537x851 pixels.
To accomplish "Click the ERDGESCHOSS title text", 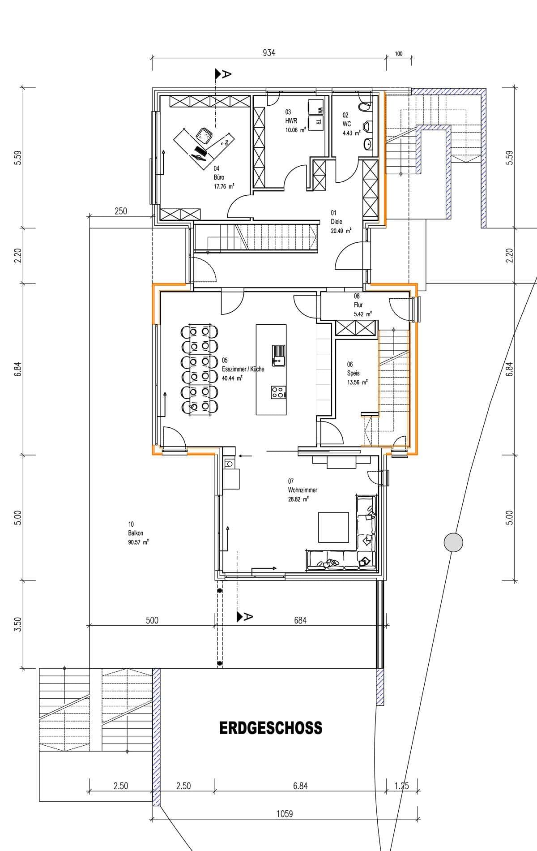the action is click(270, 728).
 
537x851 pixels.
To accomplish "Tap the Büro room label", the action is click(219, 177).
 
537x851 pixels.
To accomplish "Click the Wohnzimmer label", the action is click(303, 490).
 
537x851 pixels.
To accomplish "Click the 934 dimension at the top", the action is click(268, 53).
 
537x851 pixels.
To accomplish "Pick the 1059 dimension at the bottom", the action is click(284, 813).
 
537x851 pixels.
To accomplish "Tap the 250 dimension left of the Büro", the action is click(121, 211).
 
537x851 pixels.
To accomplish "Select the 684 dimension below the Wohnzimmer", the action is click(300, 620).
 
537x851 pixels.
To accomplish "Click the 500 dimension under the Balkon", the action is click(152, 620).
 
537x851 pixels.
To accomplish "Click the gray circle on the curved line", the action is click(453, 543).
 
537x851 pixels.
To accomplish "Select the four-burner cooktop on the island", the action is click(278, 392).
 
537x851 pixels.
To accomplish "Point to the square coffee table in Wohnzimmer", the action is click(333, 527).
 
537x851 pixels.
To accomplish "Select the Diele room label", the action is click(336, 221).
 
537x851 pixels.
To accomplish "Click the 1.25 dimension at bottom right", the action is click(402, 786).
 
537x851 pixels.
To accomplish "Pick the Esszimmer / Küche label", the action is click(243, 369).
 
